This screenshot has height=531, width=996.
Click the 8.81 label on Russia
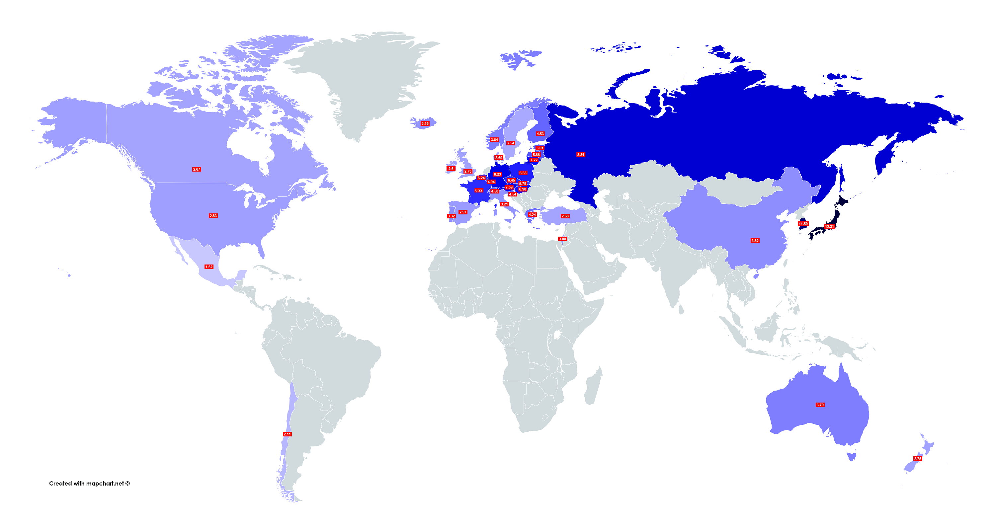(580, 155)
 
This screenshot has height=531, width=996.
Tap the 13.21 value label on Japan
(829, 226)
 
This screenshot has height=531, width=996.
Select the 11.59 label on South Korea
(803, 224)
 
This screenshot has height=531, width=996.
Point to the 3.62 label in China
(755, 241)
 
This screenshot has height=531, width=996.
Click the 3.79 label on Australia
(820, 405)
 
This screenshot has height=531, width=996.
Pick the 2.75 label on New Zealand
(918, 459)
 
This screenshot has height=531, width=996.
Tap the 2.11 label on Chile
(287, 434)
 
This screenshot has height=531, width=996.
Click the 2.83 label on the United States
(213, 216)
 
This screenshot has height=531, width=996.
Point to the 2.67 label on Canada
(197, 169)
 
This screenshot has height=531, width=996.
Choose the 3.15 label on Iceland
(425, 124)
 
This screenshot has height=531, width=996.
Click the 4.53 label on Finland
(540, 134)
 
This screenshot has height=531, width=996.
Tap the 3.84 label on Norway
(494, 140)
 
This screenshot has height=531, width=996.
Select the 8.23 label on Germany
(497, 174)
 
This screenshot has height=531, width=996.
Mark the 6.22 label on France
(479, 190)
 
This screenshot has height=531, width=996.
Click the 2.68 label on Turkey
(565, 216)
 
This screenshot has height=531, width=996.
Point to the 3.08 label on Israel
(562, 239)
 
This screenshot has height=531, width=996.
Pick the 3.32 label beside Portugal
(451, 216)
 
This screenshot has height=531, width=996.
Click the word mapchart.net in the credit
(105, 484)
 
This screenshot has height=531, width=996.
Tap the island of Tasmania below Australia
(851, 456)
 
